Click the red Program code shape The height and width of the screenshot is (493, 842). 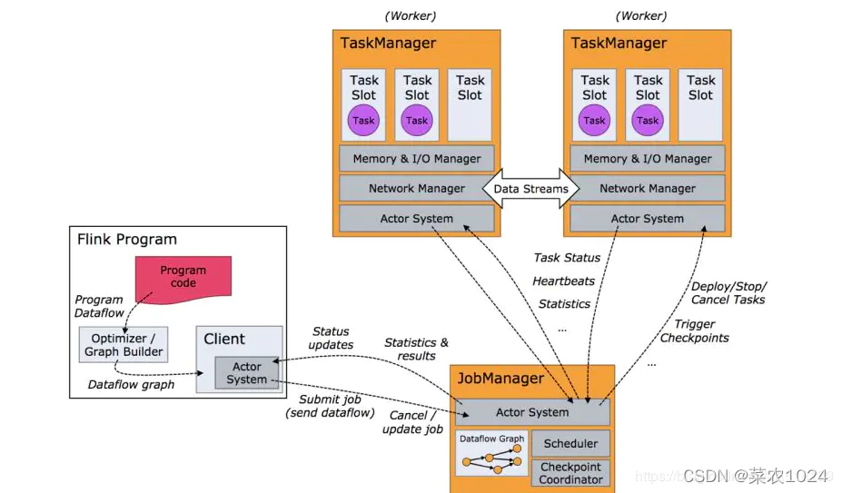click(183, 276)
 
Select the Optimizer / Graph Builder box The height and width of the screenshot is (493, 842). click(124, 345)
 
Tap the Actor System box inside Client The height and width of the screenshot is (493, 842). click(246, 373)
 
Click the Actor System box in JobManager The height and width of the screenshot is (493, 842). click(532, 412)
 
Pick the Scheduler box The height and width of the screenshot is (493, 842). click(570, 443)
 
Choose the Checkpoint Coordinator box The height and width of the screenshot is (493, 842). click(570, 473)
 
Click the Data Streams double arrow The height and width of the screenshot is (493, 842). click(530, 189)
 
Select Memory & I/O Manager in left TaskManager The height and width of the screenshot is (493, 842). click(417, 159)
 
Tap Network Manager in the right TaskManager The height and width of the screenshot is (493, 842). click(648, 189)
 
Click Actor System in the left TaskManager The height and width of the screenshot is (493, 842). click(417, 219)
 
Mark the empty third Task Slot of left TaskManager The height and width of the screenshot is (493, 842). click(471, 104)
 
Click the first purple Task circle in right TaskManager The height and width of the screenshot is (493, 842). click(595, 120)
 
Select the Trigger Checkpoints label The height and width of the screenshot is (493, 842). click(694, 331)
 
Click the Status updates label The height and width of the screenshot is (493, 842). click(331, 339)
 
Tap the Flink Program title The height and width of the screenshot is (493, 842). click(127, 241)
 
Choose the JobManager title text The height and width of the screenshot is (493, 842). click(500, 379)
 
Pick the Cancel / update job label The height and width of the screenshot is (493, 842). click(412, 422)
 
